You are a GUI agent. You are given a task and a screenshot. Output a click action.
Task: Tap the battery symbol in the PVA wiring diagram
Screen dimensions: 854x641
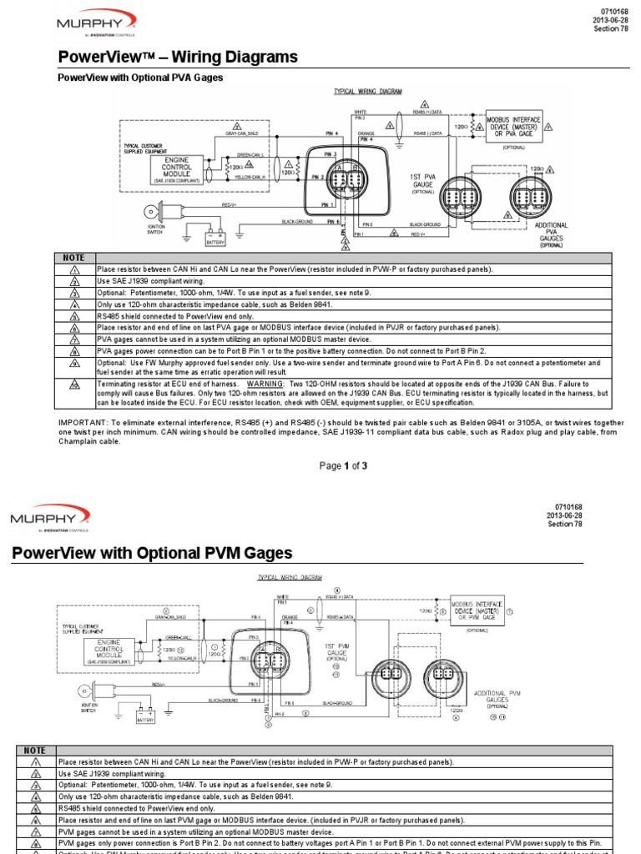(215, 235)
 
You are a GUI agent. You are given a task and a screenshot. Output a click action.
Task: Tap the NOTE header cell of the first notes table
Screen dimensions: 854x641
(74, 259)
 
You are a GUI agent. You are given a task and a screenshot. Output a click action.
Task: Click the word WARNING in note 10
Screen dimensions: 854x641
(306, 384)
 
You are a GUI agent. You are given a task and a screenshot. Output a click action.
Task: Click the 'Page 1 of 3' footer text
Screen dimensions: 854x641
(344, 465)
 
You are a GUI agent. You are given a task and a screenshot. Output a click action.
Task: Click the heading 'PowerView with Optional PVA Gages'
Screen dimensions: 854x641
(139, 78)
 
